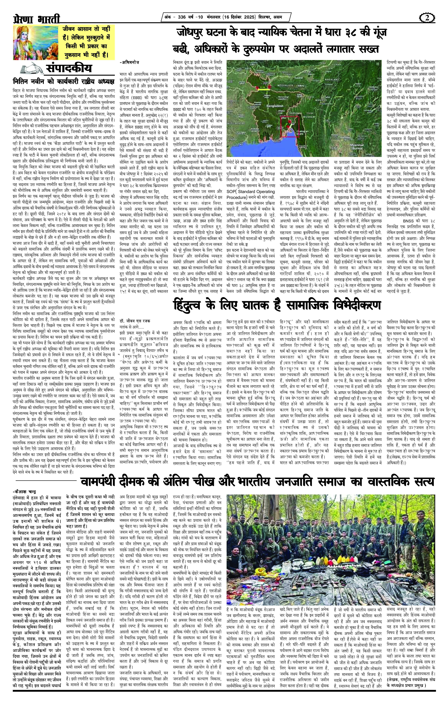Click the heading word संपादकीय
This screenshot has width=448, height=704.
69,69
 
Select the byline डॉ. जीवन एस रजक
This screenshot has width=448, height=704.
136,321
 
